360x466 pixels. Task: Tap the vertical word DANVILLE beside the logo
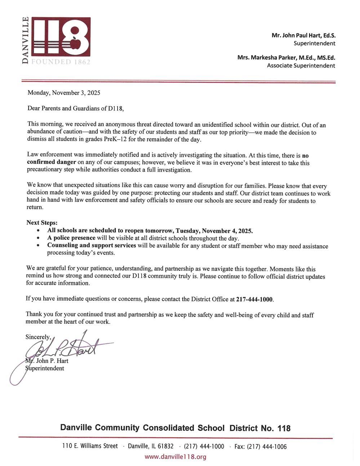pyautogui.click(x=25, y=40)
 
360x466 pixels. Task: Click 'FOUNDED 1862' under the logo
pyautogui.click(x=61, y=62)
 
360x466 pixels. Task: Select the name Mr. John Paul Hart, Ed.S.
pyautogui.click(x=303, y=35)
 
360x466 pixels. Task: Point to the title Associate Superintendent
pyautogui.click(x=301, y=66)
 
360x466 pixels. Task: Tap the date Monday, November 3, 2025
pyautogui.click(x=64, y=93)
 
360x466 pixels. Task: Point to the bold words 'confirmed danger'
pyautogui.click(x=52, y=162)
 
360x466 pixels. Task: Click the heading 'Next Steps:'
pyautogui.click(x=42, y=223)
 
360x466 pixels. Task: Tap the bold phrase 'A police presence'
pyautogui.click(x=71, y=238)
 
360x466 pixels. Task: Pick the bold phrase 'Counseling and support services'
pyautogui.click(x=92, y=246)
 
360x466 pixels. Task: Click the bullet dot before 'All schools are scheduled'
pyautogui.click(x=39, y=230)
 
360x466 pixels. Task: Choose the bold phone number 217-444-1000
pyautogui.click(x=254, y=299)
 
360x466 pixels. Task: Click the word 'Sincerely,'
pyautogui.click(x=38, y=337)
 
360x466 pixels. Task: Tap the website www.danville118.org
pyautogui.click(x=175, y=457)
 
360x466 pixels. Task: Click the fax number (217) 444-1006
pyautogui.click(x=267, y=447)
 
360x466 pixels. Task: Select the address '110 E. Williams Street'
pyautogui.click(x=90, y=446)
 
